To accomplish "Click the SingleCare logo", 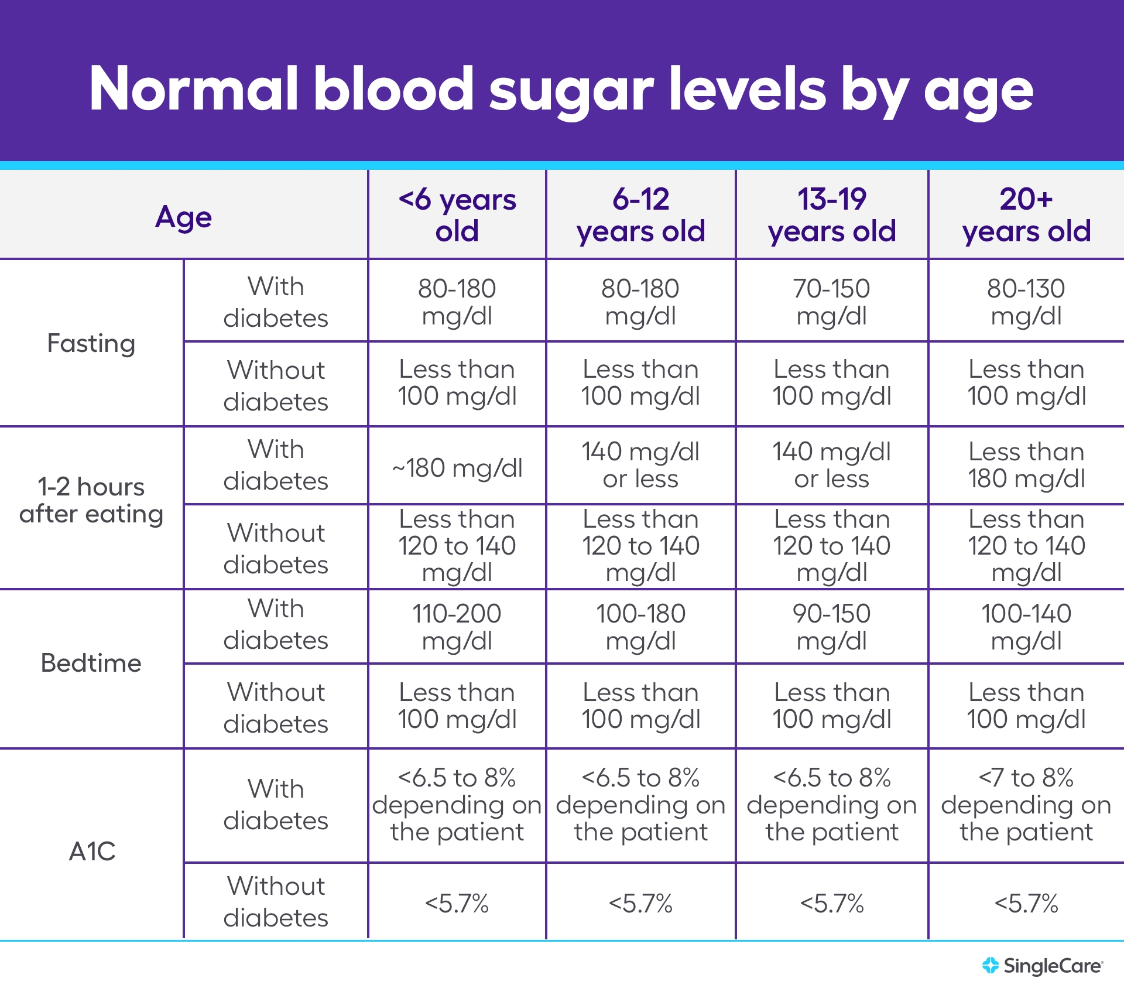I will click(x=1043, y=966).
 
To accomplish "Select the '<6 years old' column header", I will click(x=457, y=215).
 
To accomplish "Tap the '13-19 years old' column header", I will click(x=831, y=215).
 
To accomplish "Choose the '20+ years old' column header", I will click(x=1026, y=215).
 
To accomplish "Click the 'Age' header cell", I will click(x=183, y=217).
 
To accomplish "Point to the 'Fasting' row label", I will click(x=91, y=343).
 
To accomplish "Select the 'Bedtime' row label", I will click(x=91, y=663).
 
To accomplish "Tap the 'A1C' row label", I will click(x=92, y=851).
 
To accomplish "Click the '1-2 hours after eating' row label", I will click(x=91, y=501).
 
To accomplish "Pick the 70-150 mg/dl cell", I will click(x=831, y=302).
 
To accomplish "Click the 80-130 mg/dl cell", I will click(x=1026, y=302).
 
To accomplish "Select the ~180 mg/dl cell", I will click(x=457, y=468).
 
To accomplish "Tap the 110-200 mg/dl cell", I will click(x=457, y=627).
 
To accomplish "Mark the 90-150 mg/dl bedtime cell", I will click(x=831, y=627).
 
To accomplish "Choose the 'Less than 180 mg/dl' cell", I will click(x=1026, y=465).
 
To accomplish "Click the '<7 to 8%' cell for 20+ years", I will click(x=1026, y=805).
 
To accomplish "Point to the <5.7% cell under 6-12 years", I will click(x=640, y=903).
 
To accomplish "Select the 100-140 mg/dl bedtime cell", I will click(x=1026, y=627).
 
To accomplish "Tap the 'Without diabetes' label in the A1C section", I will click(x=276, y=902).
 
